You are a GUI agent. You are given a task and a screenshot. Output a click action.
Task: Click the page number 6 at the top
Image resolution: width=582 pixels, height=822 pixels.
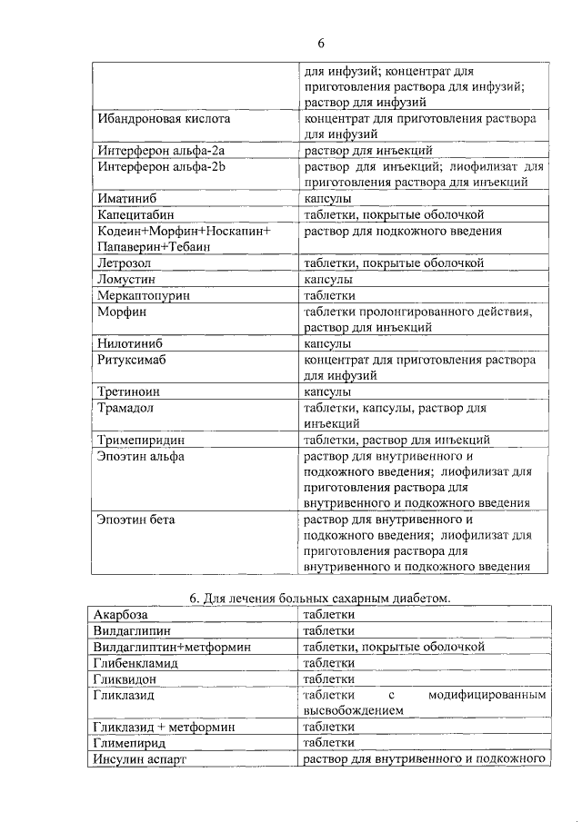tap(321, 44)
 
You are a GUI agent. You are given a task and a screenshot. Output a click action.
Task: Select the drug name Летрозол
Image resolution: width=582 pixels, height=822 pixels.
tap(125, 263)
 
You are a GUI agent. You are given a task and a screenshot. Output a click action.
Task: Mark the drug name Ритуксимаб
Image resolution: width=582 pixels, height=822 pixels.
tap(134, 360)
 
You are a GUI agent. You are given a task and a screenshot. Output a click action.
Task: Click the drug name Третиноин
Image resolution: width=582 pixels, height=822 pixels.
tap(130, 392)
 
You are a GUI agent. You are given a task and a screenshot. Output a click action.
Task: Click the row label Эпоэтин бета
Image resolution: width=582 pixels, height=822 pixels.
tap(136, 520)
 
